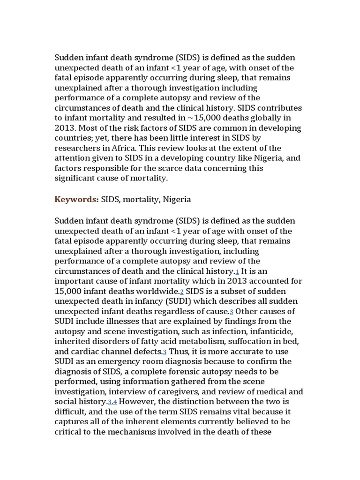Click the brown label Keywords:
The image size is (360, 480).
click(76, 199)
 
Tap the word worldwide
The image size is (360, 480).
click(158, 291)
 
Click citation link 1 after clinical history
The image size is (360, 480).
click(237, 272)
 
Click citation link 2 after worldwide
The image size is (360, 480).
click(181, 292)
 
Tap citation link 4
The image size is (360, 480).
click(115, 402)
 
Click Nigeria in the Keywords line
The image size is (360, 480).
click(177, 199)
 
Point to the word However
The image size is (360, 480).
click(135, 402)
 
